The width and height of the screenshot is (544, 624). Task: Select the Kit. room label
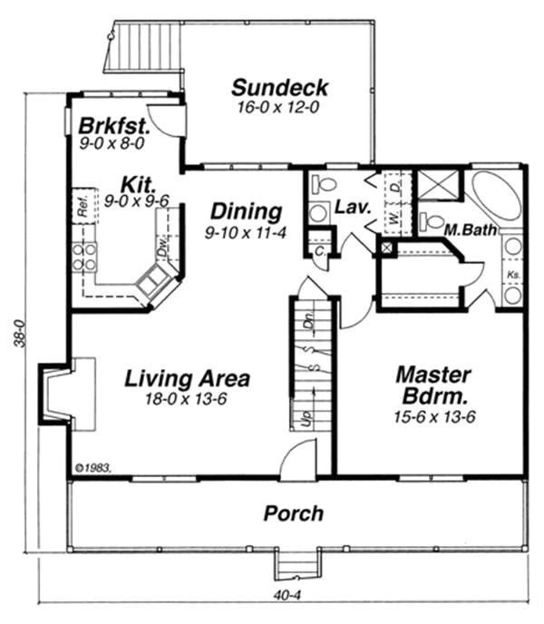tap(122, 182)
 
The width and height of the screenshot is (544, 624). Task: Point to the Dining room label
tap(246, 212)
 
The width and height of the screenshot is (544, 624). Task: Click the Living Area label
tap(187, 378)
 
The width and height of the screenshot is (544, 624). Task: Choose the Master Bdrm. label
tap(433, 385)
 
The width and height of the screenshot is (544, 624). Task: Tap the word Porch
tap(293, 514)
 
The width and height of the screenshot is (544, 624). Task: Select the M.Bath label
tap(470, 230)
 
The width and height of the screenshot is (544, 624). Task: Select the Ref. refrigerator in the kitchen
tap(82, 205)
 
